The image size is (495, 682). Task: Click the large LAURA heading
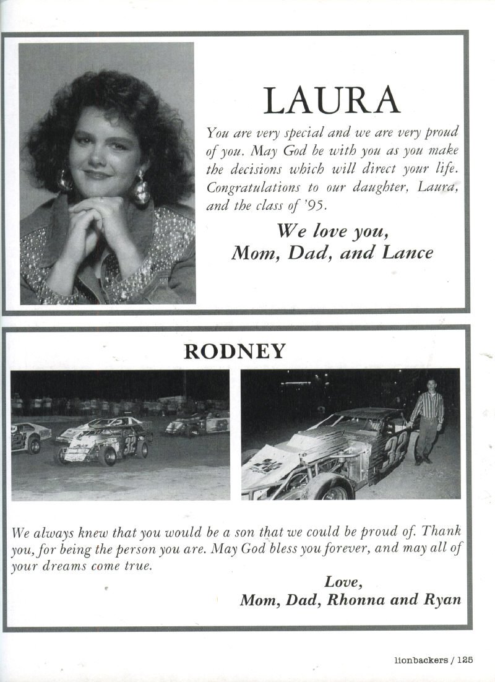(332, 101)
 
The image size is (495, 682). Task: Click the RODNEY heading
(235, 352)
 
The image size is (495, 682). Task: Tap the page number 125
(465, 660)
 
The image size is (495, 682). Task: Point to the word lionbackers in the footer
(421, 660)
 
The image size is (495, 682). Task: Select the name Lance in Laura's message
(410, 253)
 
